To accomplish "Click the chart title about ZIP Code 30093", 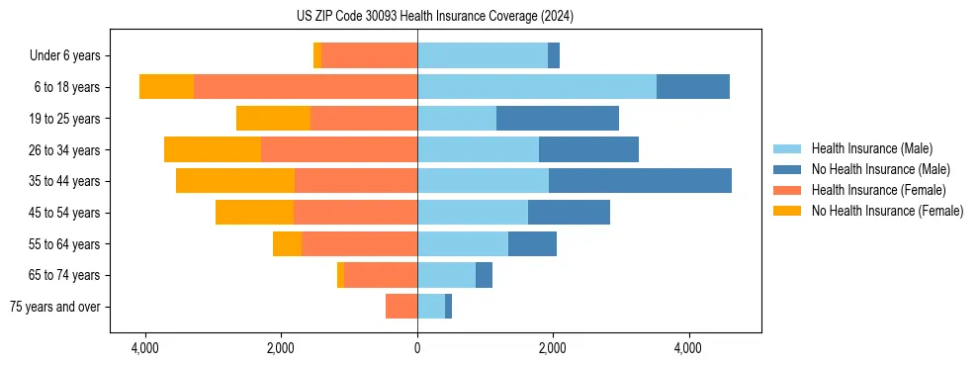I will coord(434,16).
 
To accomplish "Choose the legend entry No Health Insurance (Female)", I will coord(887,211).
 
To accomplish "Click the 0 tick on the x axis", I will coord(417,348).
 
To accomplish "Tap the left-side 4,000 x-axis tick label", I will coord(145,348).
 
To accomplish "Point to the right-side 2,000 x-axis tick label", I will coord(552,348).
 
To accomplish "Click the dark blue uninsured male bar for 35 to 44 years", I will coord(640,181).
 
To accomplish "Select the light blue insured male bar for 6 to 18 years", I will coord(537,87).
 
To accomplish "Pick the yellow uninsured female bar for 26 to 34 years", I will coord(213,149).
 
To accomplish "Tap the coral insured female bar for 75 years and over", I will coord(401,307).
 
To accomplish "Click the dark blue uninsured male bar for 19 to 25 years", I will coord(558,119).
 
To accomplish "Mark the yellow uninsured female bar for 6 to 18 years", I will coord(166,87).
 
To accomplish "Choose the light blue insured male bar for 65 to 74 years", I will coord(446,275).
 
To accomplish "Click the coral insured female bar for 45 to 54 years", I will coord(355,213).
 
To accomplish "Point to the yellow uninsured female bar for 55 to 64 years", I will coord(287,244).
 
